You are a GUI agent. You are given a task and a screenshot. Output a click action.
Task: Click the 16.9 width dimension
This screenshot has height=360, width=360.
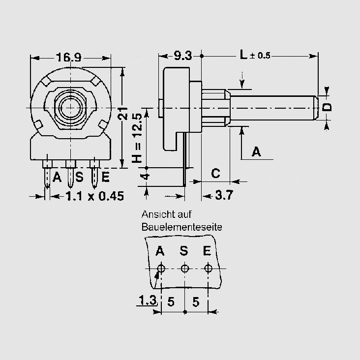point(69,57)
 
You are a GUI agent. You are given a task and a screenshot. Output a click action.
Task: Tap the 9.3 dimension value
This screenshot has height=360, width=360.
point(183,56)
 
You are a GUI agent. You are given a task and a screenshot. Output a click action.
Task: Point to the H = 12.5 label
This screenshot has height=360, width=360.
point(138,138)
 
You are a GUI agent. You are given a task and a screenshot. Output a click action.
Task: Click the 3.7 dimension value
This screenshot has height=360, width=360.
point(224,195)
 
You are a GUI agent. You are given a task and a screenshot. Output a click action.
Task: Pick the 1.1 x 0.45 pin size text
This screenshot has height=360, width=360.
point(95,196)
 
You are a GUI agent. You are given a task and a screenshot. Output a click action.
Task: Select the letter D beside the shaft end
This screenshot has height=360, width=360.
point(327,107)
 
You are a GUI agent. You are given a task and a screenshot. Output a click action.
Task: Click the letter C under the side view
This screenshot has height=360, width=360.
point(215,173)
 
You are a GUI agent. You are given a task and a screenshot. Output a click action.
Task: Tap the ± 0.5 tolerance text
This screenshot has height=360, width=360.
point(260,56)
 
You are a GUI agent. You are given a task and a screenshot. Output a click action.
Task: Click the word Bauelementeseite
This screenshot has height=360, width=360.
point(182,227)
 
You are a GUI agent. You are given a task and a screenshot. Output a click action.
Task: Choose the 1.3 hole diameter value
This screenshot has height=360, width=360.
point(148,300)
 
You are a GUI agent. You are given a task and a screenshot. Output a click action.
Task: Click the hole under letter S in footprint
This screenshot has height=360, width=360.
point(185,268)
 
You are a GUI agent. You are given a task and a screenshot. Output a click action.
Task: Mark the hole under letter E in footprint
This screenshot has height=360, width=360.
point(208,268)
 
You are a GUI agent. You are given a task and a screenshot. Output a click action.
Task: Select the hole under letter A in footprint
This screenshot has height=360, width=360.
point(161,268)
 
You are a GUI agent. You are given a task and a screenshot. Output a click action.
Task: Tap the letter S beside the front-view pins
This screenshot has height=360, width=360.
point(79,177)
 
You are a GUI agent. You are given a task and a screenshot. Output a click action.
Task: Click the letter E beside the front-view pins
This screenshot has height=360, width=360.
point(105,177)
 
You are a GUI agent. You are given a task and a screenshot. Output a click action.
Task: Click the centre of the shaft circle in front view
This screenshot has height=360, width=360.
point(71,108)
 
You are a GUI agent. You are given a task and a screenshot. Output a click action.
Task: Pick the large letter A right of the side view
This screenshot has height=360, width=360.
point(256,151)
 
